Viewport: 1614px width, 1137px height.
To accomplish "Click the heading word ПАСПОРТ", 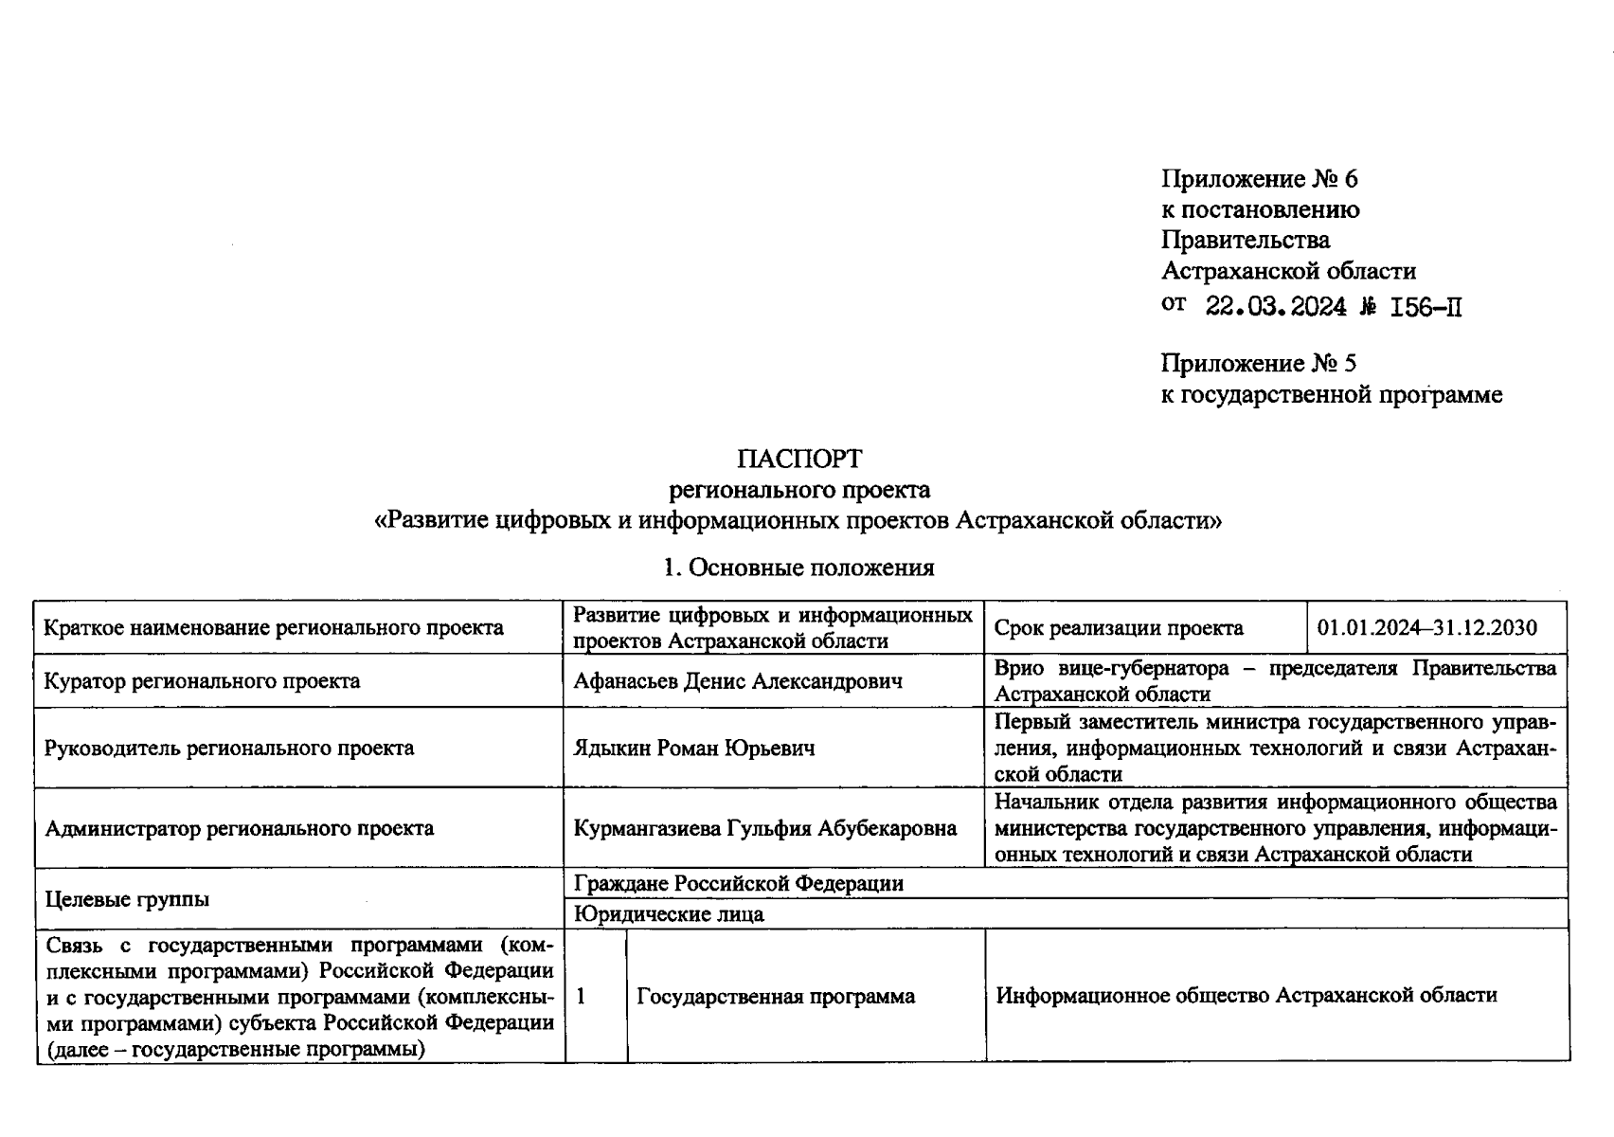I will [799, 460].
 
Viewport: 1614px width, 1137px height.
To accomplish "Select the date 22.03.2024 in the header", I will [1275, 306].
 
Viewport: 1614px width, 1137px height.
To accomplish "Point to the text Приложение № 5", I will [1259, 364].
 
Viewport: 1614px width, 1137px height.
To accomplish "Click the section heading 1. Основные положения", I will [798, 568].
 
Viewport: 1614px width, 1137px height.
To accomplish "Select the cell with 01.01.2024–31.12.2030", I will [1426, 628].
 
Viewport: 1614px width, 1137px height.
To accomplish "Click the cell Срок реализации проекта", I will [1119, 628].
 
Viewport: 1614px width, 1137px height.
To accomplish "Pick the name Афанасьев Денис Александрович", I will [738, 681].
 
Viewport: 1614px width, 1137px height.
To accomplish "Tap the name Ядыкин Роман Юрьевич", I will [694, 749].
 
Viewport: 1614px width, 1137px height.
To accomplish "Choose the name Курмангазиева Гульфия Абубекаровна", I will [764, 829].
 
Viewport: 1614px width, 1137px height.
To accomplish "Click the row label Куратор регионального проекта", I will [202, 681].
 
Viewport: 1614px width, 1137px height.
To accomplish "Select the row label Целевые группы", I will [127, 898].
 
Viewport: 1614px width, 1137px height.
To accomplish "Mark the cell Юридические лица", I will [669, 914].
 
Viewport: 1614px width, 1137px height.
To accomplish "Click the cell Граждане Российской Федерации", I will [739, 884].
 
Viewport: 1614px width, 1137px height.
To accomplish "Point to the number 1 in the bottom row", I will [581, 997].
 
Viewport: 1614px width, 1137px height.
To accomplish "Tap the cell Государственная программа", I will [776, 997].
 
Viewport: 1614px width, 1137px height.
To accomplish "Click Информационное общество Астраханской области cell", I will [1246, 996].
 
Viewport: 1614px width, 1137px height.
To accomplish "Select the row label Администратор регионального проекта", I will [239, 829].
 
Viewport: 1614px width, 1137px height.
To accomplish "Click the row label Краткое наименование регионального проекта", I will [274, 628].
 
